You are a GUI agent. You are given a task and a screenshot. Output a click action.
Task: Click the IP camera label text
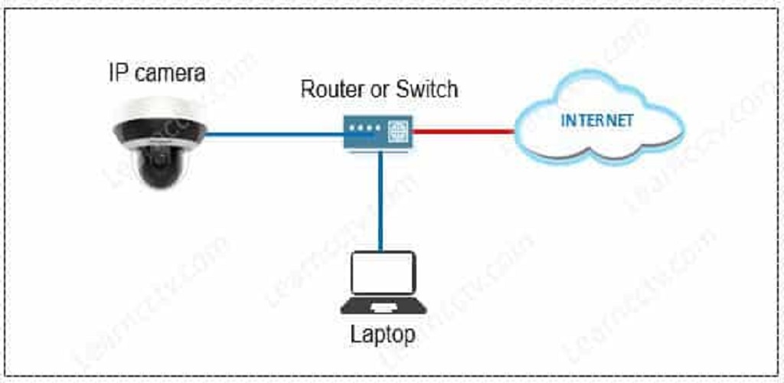click(x=156, y=74)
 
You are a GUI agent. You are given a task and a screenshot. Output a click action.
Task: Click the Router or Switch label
click(x=379, y=89)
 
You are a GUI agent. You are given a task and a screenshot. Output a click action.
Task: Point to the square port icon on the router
click(x=398, y=132)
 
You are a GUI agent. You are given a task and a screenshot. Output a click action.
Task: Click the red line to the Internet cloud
click(x=462, y=132)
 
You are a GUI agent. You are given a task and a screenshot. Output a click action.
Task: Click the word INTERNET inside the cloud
click(x=598, y=121)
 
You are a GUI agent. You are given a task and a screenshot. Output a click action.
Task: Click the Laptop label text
click(x=383, y=335)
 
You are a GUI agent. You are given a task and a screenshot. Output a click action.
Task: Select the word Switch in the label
click(x=427, y=89)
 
